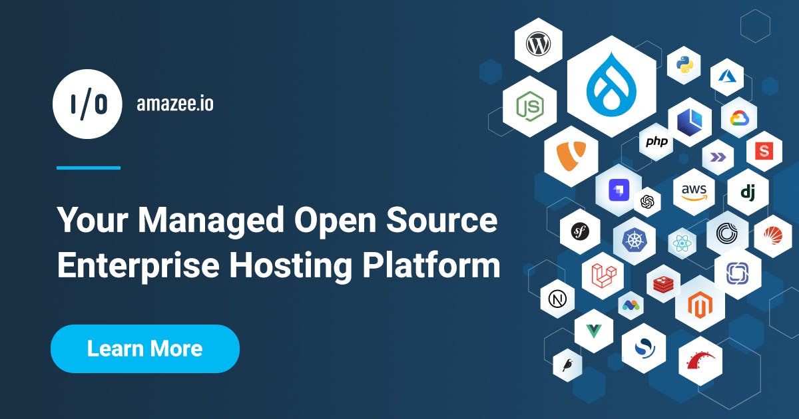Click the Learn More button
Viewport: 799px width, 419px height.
tap(145, 349)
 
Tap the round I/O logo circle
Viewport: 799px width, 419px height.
tap(87, 104)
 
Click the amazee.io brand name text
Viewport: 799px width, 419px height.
tap(175, 104)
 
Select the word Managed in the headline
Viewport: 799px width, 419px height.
tap(211, 221)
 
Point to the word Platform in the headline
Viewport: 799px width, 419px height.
tap(431, 265)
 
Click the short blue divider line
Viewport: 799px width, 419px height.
tap(89, 168)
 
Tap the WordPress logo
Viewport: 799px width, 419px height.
tap(538, 44)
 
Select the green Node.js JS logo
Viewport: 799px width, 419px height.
tap(530, 106)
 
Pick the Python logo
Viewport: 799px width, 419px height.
tap(684, 65)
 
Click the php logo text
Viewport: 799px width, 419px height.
tap(657, 142)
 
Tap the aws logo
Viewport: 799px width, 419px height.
tap(694, 192)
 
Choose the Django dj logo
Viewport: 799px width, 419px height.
tap(748, 193)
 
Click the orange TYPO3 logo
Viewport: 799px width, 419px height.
tap(571, 156)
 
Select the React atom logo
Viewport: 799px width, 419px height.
tap(682, 243)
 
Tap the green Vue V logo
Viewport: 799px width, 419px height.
tap(594, 331)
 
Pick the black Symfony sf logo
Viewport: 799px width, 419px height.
tap(580, 231)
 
